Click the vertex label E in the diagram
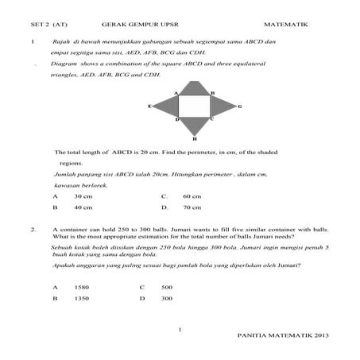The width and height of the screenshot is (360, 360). click(149, 105)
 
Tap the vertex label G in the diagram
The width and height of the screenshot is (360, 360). click(240, 106)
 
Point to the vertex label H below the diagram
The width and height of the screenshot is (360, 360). click(195, 138)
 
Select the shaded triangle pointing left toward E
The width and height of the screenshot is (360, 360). click(167, 106)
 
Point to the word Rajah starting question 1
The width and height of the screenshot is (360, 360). click(61, 41)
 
